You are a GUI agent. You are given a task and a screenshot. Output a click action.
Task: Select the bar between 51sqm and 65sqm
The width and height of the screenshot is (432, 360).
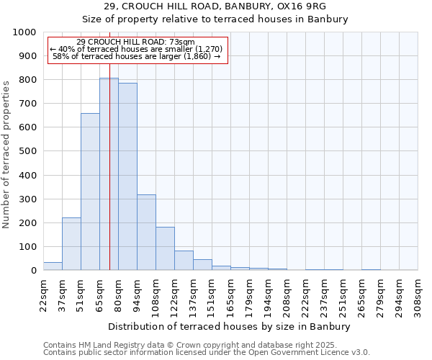pos(90,192)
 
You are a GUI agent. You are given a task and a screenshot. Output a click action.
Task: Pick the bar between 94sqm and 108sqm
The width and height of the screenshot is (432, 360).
pos(146,233)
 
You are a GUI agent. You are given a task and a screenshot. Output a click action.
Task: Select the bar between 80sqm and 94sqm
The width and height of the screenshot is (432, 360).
pos(127,177)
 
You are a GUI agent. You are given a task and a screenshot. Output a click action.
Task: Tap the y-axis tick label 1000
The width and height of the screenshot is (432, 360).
pos(24,32)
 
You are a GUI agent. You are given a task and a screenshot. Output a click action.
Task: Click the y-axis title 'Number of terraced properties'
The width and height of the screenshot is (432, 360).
pos(6,154)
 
